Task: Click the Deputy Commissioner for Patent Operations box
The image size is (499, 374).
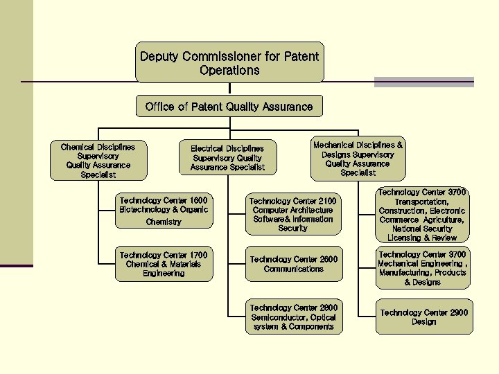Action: click(x=229, y=63)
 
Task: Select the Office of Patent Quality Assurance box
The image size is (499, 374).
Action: click(x=229, y=106)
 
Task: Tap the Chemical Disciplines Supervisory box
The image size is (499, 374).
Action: click(x=98, y=161)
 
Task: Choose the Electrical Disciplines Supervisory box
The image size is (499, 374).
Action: click(x=227, y=158)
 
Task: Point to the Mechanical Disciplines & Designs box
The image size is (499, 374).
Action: click(x=358, y=159)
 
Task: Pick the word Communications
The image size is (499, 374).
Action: click(x=293, y=269)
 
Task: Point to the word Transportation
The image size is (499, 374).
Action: click(x=422, y=201)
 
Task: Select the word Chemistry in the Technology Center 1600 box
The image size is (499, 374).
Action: click(x=164, y=222)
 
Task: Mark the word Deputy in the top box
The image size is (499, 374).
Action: click(x=159, y=56)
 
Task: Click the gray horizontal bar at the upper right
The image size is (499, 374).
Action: click(x=423, y=82)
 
